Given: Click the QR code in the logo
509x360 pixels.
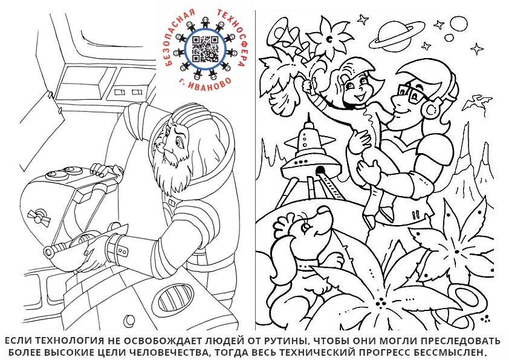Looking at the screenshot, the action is [205, 49].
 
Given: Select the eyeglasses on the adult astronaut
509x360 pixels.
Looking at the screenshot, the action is [410, 92].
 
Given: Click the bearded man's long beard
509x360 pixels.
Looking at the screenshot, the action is [166, 172].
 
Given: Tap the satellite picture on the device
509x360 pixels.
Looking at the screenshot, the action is [39, 218].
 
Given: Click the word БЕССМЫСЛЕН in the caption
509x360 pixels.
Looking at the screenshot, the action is [449, 352].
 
